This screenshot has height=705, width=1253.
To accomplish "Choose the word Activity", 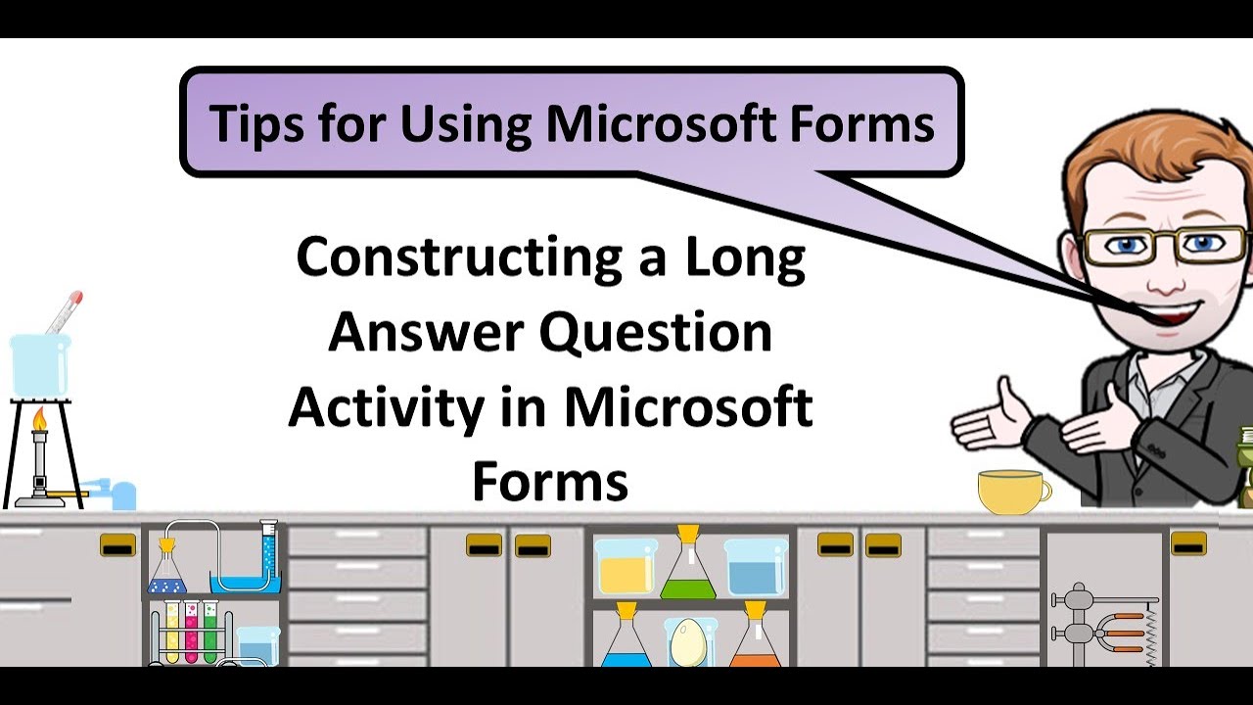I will (x=386, y=407).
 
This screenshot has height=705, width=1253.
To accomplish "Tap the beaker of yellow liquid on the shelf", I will (x=626, y=567).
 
